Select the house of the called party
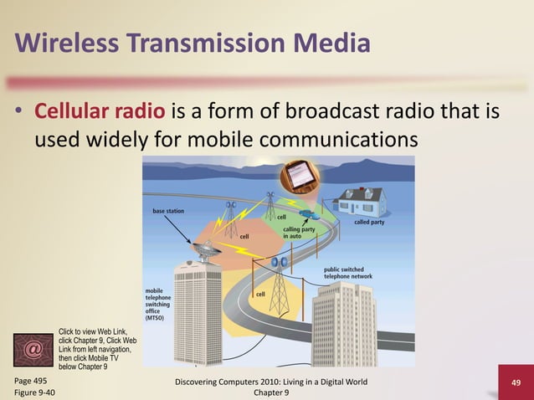(x=361, y=202)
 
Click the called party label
(x=369, y=223)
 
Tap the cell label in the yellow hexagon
(x=260, y=294)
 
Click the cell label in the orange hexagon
(x=244, y=236)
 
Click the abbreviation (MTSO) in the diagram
(x=156, y=319)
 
